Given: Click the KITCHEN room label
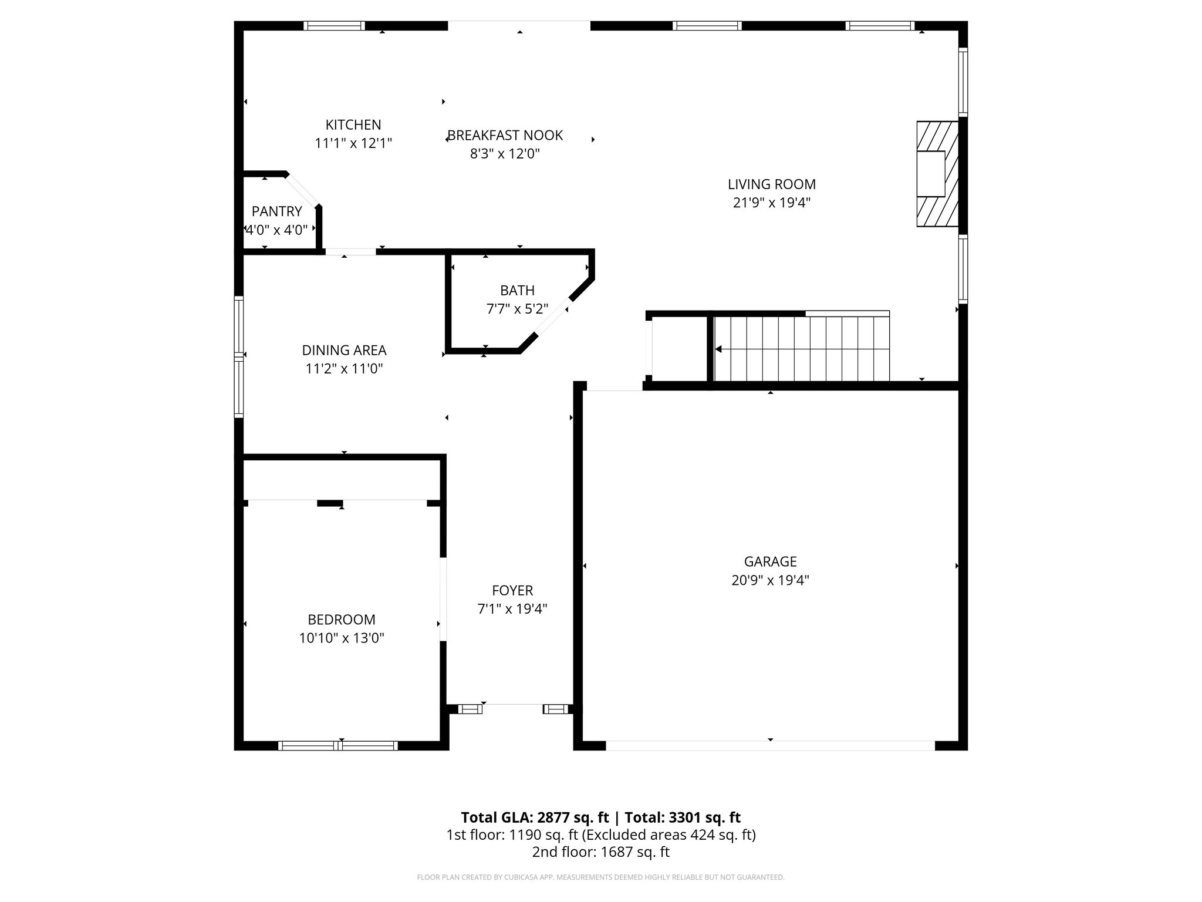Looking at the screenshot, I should click(x=353, y=124).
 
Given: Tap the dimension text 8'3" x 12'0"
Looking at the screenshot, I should click(x=505, y=154).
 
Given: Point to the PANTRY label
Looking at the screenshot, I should click(x=276, y=211).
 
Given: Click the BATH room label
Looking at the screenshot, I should click(x=517, y=290).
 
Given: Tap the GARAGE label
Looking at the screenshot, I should click(x=770, y=561).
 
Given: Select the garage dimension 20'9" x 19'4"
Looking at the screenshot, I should click(x=770, y=580).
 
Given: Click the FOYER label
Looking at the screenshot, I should click(x=512, y=590).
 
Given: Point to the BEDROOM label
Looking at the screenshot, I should click(x=341, y=619).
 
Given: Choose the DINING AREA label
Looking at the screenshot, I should click(x=344, y=350).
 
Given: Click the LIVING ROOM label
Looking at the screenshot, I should click(x=771, y=184).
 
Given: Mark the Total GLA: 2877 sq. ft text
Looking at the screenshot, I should click(x=535, y=817).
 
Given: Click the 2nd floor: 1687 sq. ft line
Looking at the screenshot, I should click(x=600, y=852).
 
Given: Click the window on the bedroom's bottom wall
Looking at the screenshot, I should click(x=338, y=746).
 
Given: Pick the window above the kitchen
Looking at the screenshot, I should click(x=334, y=26).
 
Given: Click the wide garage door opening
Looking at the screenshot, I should click(x=770, y=746).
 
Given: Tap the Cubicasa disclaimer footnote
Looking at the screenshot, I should click(x=600, y=877).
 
